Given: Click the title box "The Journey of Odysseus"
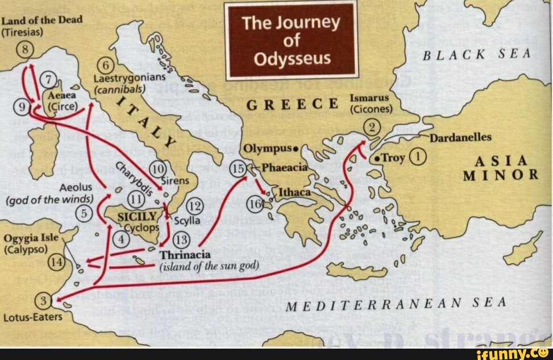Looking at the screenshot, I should (291, 41).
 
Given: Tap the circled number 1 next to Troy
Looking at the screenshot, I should (418, 156).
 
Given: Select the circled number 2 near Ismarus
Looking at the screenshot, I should (372, 127).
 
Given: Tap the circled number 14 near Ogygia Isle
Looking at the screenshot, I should (56, 262).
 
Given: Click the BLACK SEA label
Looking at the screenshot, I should (477, 54).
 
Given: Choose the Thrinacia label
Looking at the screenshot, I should (185, 255).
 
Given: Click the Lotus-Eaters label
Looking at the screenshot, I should (33, 317).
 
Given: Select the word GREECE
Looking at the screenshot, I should (292, 106).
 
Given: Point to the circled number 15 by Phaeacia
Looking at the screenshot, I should (238, 168).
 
